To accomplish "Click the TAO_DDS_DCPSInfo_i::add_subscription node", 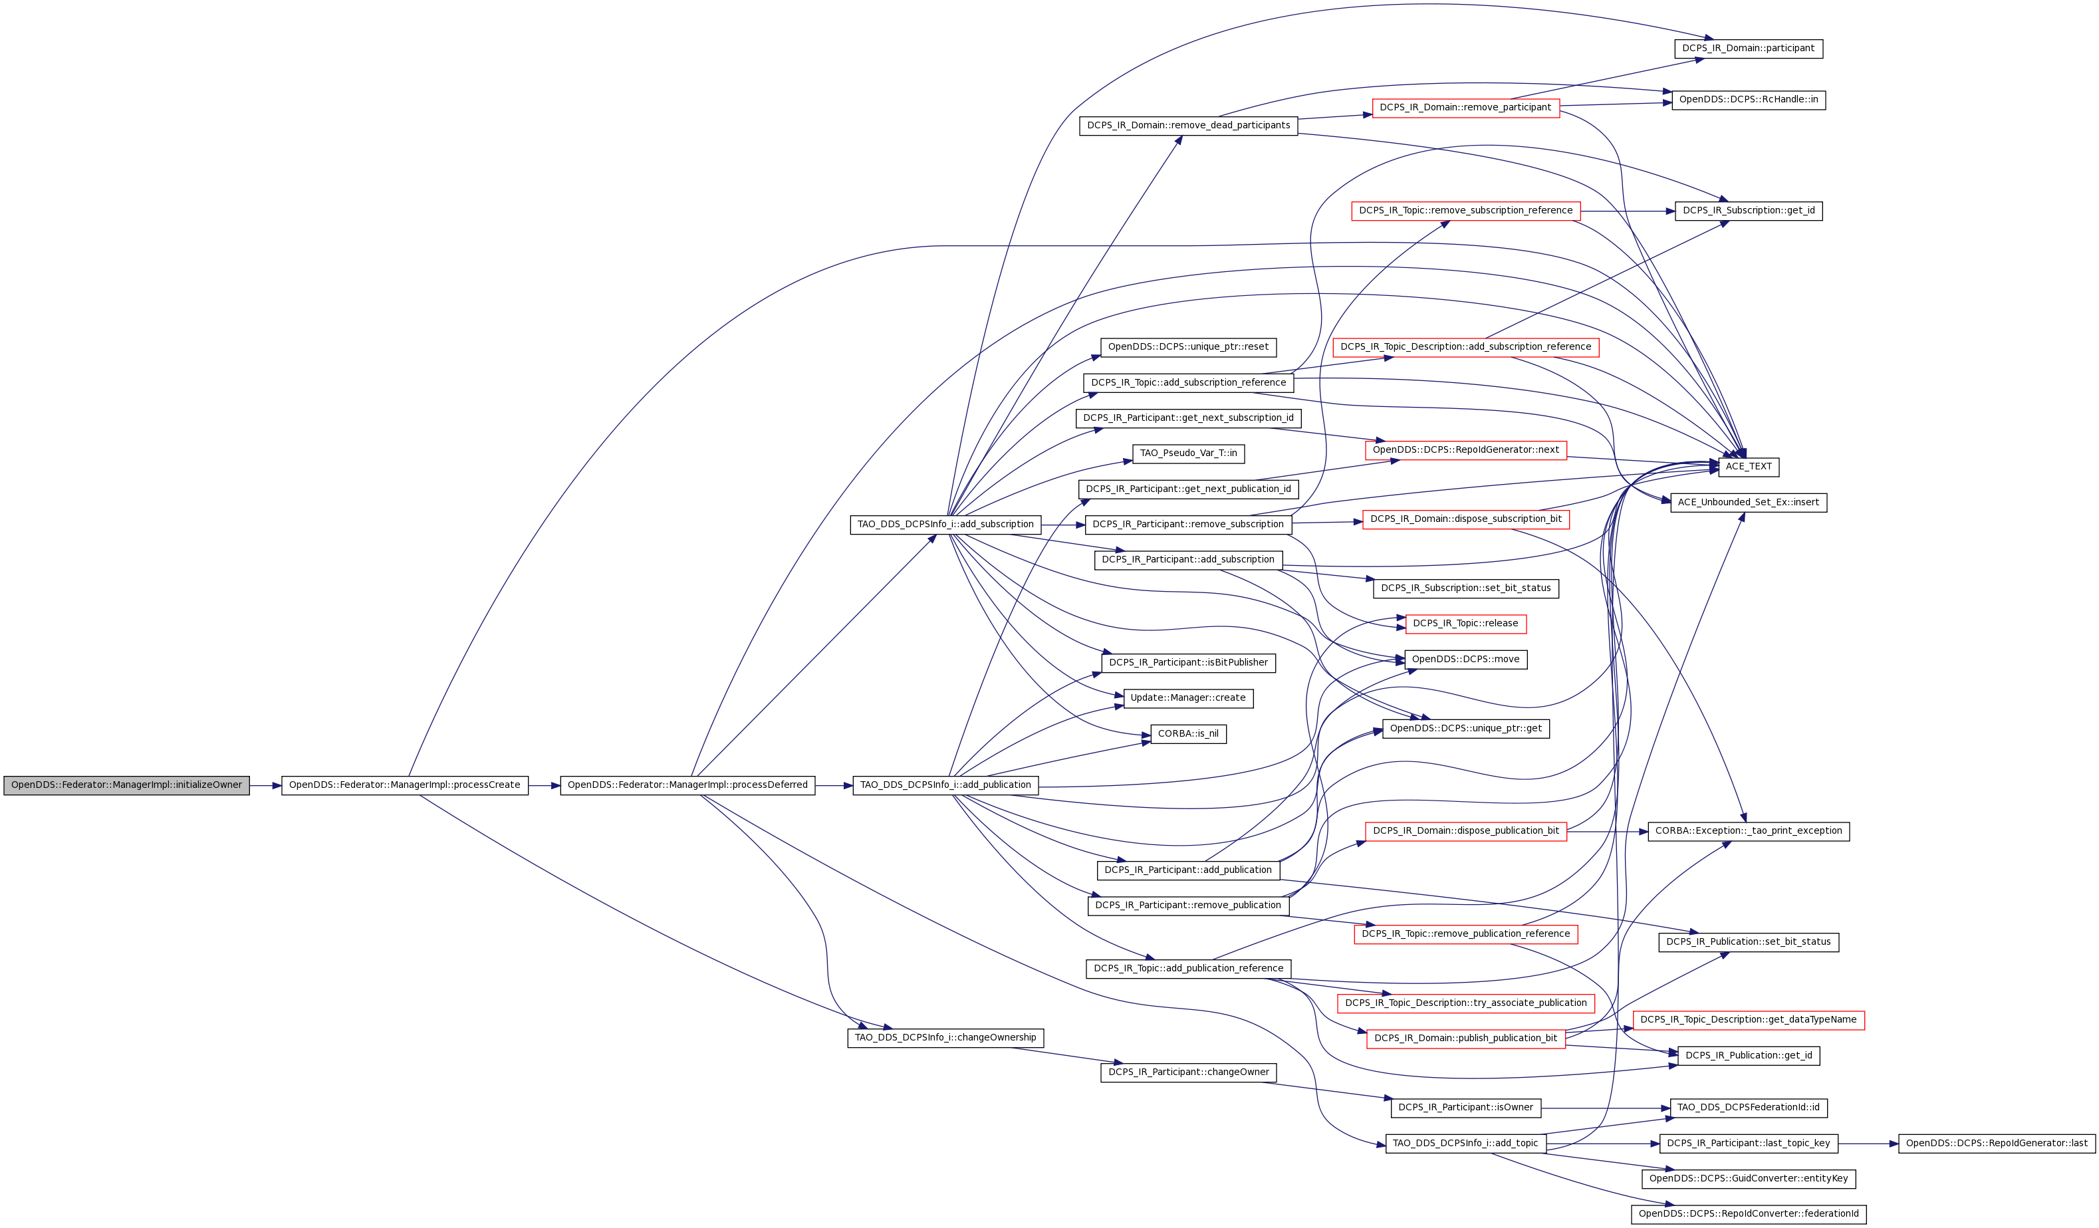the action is (945, 525).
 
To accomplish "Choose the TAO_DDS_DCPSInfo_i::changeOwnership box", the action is (945, 1038).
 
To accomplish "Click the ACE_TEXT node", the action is (1749, 467).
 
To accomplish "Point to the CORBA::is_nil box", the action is (1189, 734).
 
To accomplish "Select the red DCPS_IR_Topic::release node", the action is (1466, 624).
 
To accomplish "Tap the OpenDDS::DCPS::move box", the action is (1466, 660).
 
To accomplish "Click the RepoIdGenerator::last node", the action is (1997, 1144).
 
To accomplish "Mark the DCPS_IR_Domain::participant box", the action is (1749, 49).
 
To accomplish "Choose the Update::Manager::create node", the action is (1189, 698).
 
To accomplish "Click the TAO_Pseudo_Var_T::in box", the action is (1189, 454).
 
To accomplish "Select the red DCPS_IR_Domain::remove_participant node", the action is (1466, 108).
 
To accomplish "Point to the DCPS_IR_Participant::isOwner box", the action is (1466, 1108).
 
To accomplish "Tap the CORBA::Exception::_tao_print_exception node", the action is (1749, 832).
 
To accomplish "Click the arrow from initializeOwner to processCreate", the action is (266, 786).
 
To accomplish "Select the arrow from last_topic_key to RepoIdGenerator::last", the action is (1868, 1144).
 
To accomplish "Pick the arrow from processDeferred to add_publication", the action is (834, 786).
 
